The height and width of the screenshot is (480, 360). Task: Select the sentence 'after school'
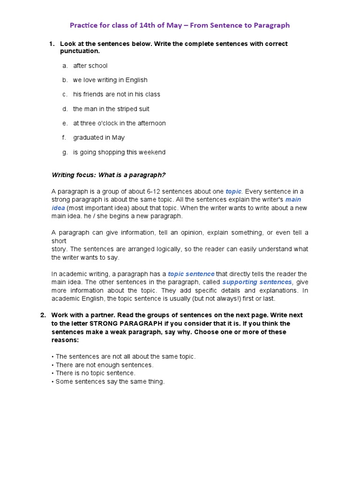(90, 66)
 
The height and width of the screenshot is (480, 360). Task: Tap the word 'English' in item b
(136, 80)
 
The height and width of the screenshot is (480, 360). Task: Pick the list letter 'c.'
(65, 94)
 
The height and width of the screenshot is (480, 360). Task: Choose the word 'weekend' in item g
(152, 152)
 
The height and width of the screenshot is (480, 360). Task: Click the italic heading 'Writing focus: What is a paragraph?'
(108, 175)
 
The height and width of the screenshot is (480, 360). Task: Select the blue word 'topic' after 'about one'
(233, 191)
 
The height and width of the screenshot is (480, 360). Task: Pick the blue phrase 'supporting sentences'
(257, 282)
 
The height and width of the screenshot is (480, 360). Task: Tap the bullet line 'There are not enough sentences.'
(104, 365)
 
